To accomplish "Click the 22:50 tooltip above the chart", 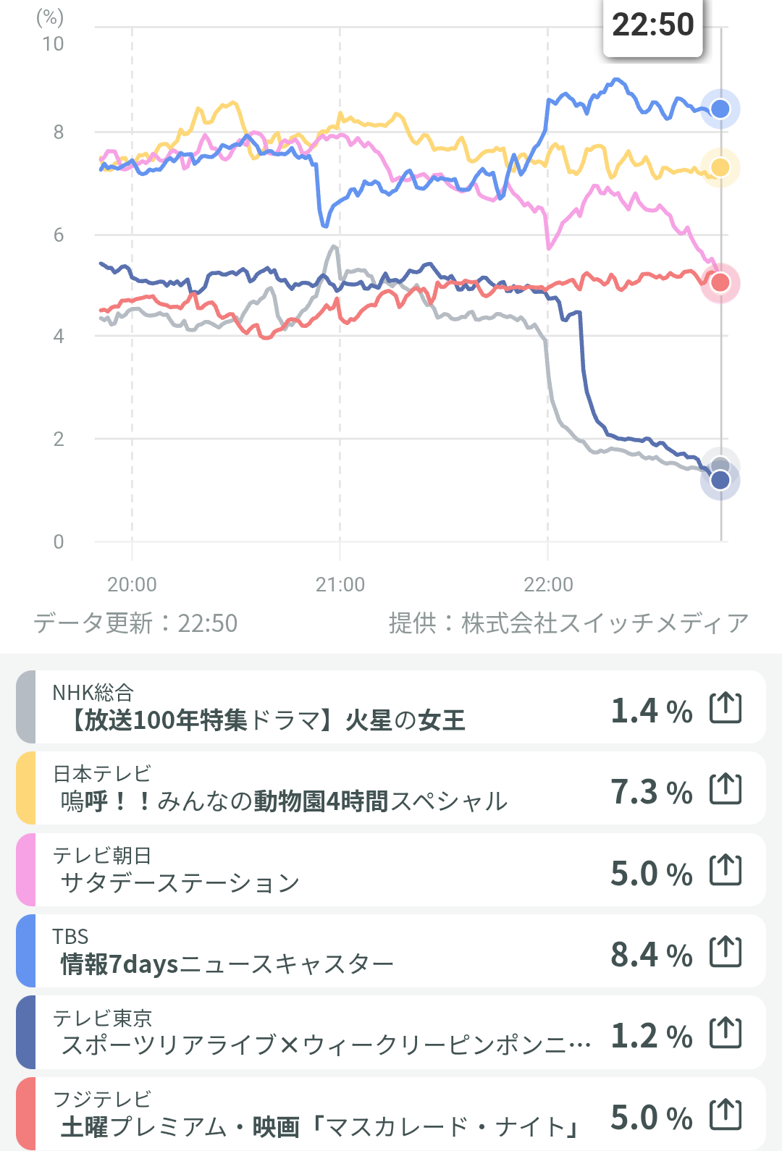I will click(x=652, y=25).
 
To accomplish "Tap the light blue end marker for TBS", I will click(x=720, y=109).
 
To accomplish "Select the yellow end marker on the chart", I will click(x=720, y=167).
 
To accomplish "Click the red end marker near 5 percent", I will click(x=720, y=282).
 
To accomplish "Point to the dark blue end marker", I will click(x=720, y=480).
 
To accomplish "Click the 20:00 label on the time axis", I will click(x=132, y=584).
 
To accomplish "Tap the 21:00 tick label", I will click(x=340, y=584).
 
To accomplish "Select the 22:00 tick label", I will click(x=548, y=584).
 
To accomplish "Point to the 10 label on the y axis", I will click(x=53, y=44).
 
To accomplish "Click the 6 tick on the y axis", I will click(x=59, y=235).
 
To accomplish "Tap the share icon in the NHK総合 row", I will click(x=726, y=707).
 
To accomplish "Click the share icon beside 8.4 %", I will click(x=726, y=951).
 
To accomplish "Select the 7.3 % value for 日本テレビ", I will click(x=652, y=792).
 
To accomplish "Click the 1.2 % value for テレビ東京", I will click(x=652, y=1036).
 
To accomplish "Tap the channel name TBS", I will click(x=70, y=937).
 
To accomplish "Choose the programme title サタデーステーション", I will click(x=180, y=882).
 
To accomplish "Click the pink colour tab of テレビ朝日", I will click(x=26, y=869).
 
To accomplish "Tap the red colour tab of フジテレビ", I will click(x=26, y=1113).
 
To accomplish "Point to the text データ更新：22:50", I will click(x=135, y=623).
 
